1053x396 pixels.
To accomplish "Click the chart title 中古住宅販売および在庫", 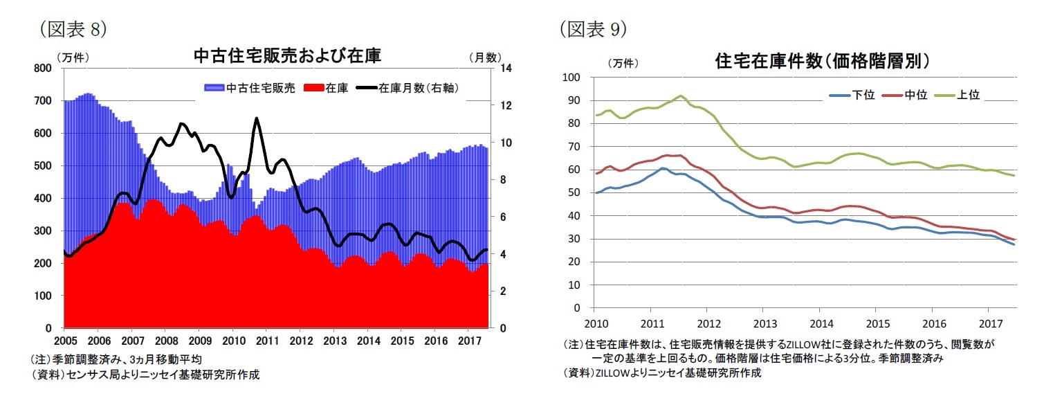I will tap(287, 55).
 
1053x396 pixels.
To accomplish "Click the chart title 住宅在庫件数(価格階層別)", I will tap(823, 61).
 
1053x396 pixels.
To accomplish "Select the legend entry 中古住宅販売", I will tap(249, 88).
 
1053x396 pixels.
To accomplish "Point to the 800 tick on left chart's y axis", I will tap(43, 68).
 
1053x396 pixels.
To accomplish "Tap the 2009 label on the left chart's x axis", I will tap(199, 341).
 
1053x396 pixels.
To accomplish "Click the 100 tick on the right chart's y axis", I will tap(572, 78).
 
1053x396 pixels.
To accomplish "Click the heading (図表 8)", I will tap(73, 28).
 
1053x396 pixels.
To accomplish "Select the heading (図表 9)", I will tap(593, 28).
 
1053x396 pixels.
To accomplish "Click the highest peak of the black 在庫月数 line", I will tap(257, 118).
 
